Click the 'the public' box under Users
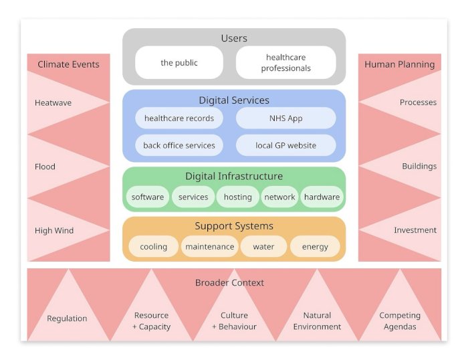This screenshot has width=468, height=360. [x=179, y=63]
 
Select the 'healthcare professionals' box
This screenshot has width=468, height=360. [x=286, y=63]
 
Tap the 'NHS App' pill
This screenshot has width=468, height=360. [x=286, y=118]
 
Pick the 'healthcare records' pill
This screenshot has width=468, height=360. [x=179, y=118]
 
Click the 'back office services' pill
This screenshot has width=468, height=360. [x=179, y=145]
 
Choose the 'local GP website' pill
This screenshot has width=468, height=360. [x=286, y=145]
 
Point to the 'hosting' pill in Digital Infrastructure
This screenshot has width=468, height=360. [x=238, y=197]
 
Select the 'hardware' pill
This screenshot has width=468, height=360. [x=322, y=197]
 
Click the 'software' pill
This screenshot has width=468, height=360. [x=148, y=197]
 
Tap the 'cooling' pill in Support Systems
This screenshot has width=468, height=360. [x=154, y=246]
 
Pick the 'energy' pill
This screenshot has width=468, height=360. [x=315, y=246]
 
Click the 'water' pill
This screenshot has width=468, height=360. [x=263, y=246]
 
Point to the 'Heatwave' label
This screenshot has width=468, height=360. [x=53, y=103]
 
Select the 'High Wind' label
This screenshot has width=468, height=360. [x=54, y=231]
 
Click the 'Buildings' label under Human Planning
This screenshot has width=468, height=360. [x=419, y=166]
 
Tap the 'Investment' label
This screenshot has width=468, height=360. [x=415, y=230]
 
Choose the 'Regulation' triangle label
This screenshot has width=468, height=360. [x=67, y=319]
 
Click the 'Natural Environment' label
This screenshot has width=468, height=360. [x=317, y=321]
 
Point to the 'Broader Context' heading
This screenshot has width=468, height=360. [x=229, y=282]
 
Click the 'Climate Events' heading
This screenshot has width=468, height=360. [x=68, y=64]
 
